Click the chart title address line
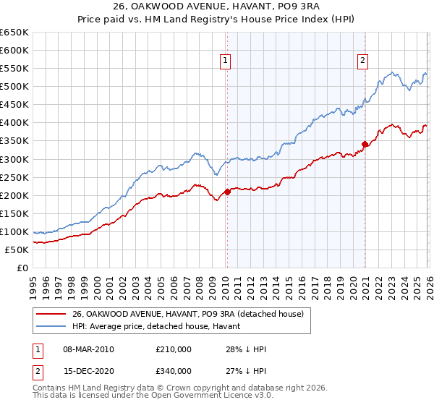[x=217, y=7]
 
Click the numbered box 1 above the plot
[x=226, y=61]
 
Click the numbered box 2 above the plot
[x=362, y=61]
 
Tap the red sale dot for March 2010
[x=227, y=192]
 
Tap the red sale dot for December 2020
[x=365, y=144]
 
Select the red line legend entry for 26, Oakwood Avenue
[x=192, y=313]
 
